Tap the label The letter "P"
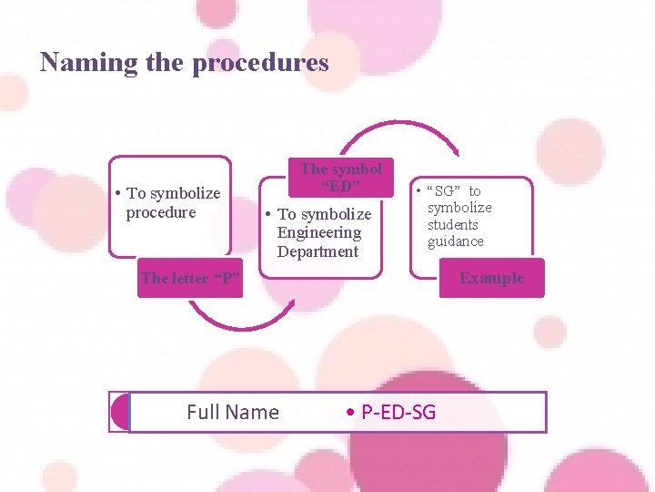point(191,278)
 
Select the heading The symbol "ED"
point(341,178)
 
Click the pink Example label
point(491,278)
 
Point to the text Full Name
point(233,413)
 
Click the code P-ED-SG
point(398,413)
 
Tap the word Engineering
point(319,232)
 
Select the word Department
point(318,251)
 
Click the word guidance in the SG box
point(456,241)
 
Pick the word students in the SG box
point(453,224)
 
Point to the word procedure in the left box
point(161,212)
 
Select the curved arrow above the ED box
point(400,133)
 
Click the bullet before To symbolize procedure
point(119,193)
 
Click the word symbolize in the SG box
point(459,208)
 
